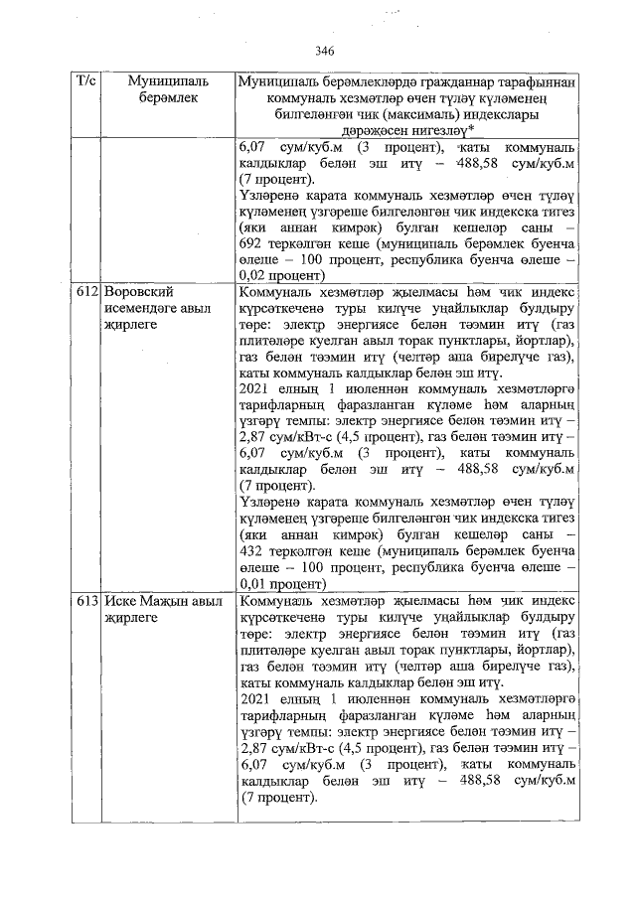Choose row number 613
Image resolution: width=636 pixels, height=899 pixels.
click(x=87, y=603)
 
